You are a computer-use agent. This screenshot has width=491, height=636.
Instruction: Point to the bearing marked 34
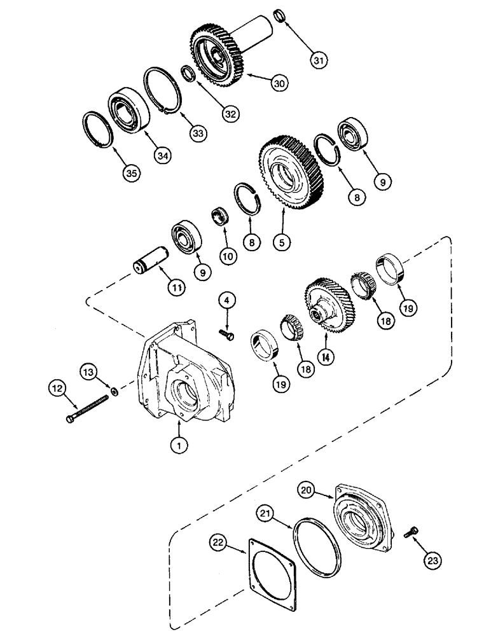128,110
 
